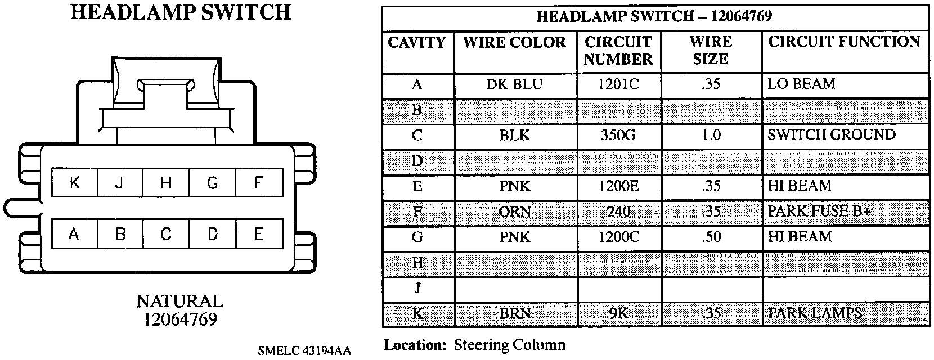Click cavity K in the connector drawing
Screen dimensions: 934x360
point(74,183)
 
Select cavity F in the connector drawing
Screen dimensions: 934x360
point(258,183)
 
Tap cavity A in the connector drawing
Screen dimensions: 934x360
point(74,234)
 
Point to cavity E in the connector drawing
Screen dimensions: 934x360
point(258,234)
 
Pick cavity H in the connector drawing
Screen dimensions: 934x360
point(166,183)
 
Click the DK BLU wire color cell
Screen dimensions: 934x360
point(514,85)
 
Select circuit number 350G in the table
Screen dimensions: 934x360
point(618,136)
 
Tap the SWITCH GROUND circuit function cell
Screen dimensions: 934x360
point(831,135)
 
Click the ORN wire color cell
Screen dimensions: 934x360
point(514,211)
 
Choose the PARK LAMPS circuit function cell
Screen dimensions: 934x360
point(814,313)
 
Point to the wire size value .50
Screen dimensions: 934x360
point(711,237)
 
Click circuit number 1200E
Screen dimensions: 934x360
point(618,186)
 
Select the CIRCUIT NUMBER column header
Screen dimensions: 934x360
point(618,51)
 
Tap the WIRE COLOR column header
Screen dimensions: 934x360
point(514,43)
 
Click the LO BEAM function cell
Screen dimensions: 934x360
point(801,84)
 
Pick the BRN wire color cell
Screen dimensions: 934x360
point(514,313)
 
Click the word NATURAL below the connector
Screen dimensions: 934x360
point(179,301)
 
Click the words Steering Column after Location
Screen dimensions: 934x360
point(509,344)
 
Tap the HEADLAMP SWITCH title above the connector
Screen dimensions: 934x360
point(181,12)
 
